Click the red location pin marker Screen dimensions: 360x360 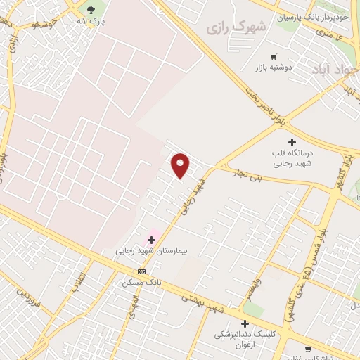pyautogui.click(x=181, y=165)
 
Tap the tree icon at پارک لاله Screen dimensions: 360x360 pyautogui.click(x=91, y=9)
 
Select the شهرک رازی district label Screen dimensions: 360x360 pyautogui.click(x=238, y=27)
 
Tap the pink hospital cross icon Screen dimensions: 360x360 pyautogui.click(x=151, y=240)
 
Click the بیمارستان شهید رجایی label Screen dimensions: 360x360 pyautogui.click(x=149, y=250)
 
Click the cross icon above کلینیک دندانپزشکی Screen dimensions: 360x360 pyautogui.click(x=245, y=323)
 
